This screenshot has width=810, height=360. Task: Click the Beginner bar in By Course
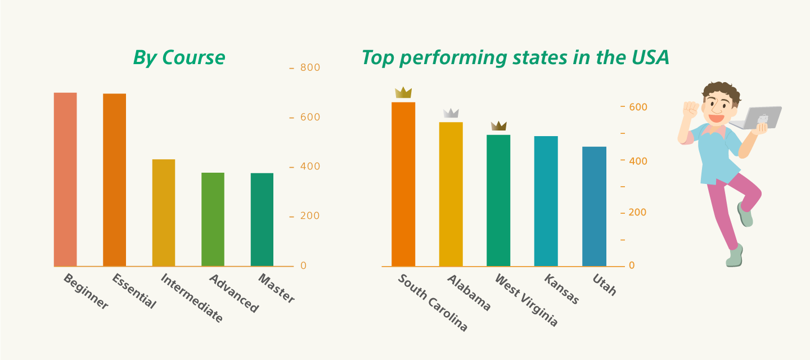(65, 179)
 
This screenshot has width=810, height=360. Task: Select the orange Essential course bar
(114, 180)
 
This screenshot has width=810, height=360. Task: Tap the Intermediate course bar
(164, 213)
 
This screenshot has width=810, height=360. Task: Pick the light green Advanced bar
(213, 219)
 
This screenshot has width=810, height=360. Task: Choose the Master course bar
(262, 220)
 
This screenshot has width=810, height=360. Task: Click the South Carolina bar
(403, 184)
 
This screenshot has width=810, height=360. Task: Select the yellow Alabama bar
(451, 194)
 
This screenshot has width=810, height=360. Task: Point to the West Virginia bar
(498, 201)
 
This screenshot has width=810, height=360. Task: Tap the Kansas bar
(546, 201)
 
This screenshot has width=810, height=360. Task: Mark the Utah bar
(594, 206)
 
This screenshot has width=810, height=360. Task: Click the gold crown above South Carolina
(403, 92)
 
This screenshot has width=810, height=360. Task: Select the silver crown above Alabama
(451, 113)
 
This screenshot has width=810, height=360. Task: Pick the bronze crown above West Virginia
(498, 126)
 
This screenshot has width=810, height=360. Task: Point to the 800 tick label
(310, 67)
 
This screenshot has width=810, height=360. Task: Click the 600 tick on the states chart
(638, 107)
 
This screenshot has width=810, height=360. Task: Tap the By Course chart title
(179, 58)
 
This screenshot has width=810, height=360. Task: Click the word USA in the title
(650, 57)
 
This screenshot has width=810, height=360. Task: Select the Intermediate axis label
(192, 298)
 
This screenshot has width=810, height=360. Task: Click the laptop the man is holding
(757, 118)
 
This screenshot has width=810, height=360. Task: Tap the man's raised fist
(690, 110)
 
